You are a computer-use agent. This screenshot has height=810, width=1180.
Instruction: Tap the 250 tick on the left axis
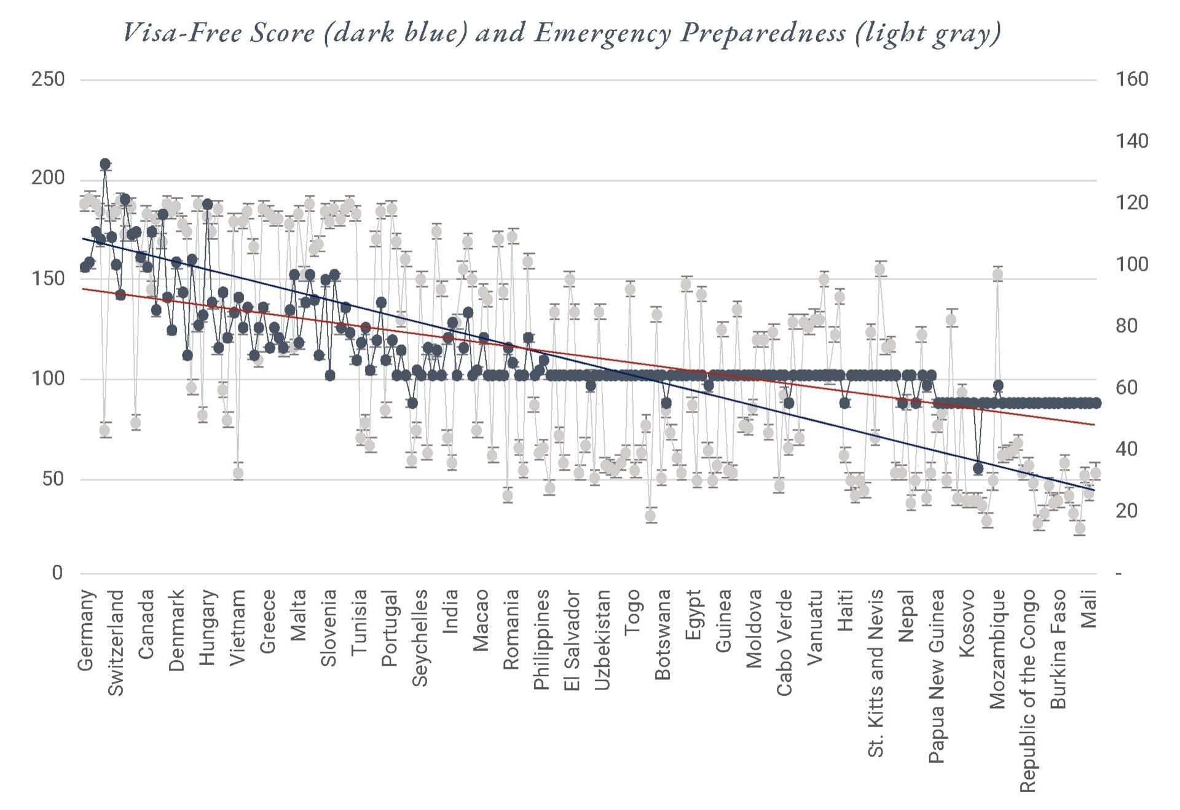(48, 79)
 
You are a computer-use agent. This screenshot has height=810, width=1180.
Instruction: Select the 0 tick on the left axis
(57, 573)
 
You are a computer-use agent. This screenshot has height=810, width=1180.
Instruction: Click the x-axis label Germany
(87, 630)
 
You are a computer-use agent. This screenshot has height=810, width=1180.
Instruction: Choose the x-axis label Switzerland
(116, 643)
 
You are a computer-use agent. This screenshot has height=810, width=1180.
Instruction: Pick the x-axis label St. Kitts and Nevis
(876, 673)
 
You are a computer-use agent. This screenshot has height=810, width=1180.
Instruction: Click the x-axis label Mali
(1088, 609)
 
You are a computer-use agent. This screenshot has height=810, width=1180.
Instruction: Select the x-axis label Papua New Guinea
(936, 676)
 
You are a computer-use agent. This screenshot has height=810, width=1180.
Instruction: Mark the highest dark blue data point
(105, 164)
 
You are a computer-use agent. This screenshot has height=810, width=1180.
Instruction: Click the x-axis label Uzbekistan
(602, 640)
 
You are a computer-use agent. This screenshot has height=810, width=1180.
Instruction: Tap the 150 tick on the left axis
(48, 278)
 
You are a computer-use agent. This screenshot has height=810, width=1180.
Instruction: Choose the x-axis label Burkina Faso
(1058, 649)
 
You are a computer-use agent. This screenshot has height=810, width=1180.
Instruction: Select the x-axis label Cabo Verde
(784, 643)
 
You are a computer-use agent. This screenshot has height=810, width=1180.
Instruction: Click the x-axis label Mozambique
(997, 649)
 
